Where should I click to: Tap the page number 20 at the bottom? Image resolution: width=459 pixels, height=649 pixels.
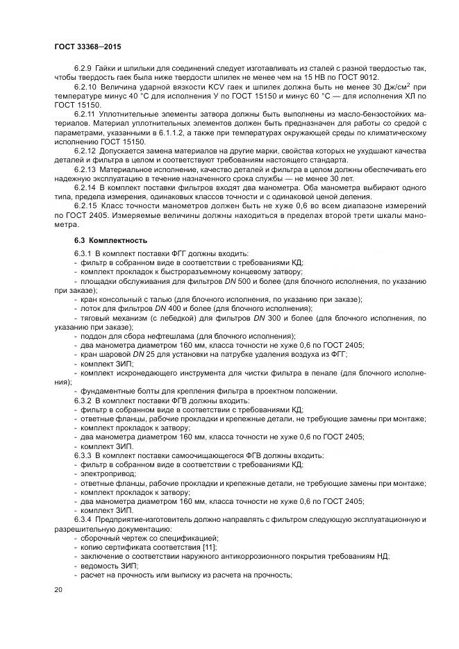(58, 589)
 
